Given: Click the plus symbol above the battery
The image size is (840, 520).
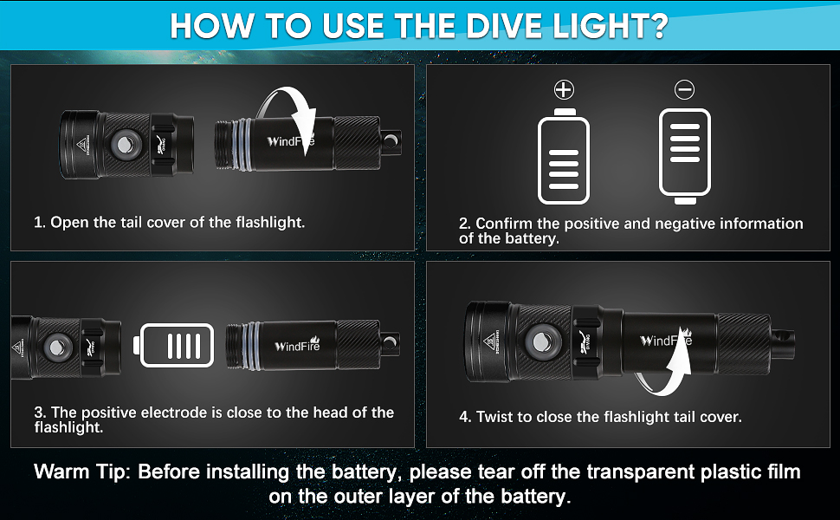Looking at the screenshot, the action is point(564,89).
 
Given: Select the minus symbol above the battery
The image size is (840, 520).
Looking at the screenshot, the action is point(685,89).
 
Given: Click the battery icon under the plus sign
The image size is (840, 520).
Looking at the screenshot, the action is point(564,156).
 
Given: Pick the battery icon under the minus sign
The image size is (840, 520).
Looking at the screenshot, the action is point(685,156).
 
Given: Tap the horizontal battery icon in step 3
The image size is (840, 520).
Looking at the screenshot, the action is point(173,345).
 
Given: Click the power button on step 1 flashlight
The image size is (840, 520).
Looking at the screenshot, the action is point(125,145).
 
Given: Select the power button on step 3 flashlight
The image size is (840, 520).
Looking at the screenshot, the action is point(57,347).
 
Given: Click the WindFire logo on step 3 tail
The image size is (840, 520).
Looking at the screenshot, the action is point(297,345).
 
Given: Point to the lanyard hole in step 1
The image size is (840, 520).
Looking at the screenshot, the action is point(391,141).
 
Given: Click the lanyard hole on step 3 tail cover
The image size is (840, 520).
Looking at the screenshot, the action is point(391,342).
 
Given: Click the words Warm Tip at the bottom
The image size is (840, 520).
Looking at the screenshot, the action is point(82,472).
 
